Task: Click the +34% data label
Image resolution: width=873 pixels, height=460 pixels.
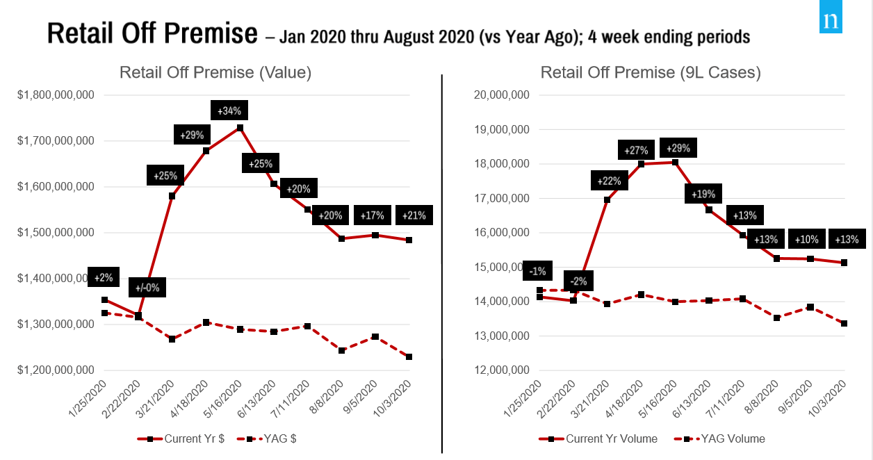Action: point(229,110)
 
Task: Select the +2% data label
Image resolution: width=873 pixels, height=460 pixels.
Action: point(102,277)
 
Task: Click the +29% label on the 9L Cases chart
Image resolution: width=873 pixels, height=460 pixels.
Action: point(678,149)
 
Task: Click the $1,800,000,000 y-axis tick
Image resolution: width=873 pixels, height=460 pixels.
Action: point(56,95)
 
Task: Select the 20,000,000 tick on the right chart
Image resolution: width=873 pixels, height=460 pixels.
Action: point(500,95)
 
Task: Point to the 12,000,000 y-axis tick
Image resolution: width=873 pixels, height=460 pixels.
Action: point(500,370)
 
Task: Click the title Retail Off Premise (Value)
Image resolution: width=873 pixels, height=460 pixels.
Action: point(215,72)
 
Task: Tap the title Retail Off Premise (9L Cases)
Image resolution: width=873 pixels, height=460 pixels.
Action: point(651,72)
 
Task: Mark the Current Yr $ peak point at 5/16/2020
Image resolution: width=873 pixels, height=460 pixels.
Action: point(240,128)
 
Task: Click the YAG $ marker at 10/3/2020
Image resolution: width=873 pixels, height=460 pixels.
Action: point(409,357)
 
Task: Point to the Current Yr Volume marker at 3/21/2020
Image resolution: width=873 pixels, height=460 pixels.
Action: point(607,200)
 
